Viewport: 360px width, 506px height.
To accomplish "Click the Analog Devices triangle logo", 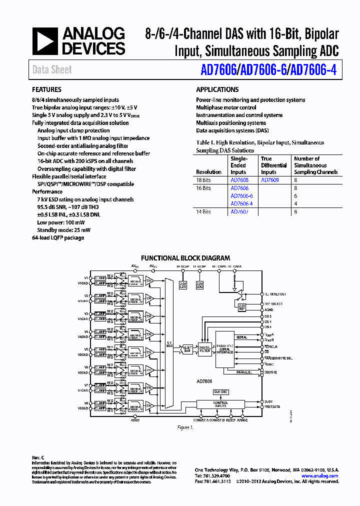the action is pyautogui.click(x=45, y=41).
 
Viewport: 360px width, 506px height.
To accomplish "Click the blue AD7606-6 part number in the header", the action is pyautogui.click(x=263, y=70).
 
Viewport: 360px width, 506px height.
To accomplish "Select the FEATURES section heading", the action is pyautogui.click(x=46, y=90).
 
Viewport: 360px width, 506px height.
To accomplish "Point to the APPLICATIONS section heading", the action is pyautogui.click(x=217, y=90).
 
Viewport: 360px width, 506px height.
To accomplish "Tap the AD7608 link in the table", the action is pyautogui.click(x=239, y=179).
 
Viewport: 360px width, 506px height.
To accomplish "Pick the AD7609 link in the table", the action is pyautogui.click(x=269, y=179).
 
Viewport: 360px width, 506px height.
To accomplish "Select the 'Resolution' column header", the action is pyautogui.click(x=208, y=172).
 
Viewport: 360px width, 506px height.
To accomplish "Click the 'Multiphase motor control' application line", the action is pyautogui.click(x=226, y=107).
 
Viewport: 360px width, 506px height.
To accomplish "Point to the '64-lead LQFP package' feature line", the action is pyautogui.click(x=58, y=237).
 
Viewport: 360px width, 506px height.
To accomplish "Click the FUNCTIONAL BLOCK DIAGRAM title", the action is pyautogui.click(x=185, y=258).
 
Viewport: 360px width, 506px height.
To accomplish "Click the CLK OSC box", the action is pyautogui.click(x=220, y=391).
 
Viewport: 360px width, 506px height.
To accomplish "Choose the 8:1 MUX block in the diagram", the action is pyautogui.click(x=168, y=344).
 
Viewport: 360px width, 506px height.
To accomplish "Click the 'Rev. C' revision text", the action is pyautogui.click(x=38, y=458).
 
